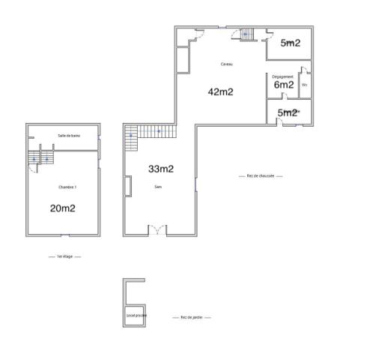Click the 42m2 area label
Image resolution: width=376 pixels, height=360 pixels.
pos(221,92)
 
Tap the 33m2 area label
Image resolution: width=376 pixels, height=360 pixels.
pos(160,169)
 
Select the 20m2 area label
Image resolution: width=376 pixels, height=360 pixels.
pos(62,208)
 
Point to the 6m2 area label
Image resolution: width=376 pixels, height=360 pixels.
pos(283,85)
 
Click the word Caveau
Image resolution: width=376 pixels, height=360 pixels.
pos(226,64)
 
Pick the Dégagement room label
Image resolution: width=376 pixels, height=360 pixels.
pos(282,76)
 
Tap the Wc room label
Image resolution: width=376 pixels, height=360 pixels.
pos(304,85)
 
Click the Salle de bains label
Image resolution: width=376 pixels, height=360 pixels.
pos(68,135)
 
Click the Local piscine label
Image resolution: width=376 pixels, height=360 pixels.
pos(136,315)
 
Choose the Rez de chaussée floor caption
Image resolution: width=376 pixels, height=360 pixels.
pos(260,176)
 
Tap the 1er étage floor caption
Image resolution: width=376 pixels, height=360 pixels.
pos(64,256)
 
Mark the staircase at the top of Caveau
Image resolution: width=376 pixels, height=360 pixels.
pos(246,33)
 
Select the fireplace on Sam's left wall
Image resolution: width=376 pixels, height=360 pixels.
pos(129,186)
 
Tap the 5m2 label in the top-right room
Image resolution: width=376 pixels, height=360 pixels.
pos(290,43)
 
